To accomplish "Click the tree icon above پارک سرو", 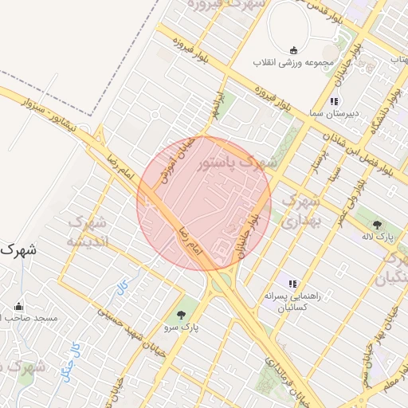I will (x=182, y=313).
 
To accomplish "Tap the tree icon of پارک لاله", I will (x=377, y=224).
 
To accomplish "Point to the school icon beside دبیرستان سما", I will (x=334, y=102).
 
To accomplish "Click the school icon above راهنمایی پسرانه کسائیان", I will (x=292, y=283).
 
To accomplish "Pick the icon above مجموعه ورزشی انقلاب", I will (x=293, y=50).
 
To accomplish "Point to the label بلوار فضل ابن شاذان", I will (x=367, y=147).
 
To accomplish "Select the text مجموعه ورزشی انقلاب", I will (x=294, y=62).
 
